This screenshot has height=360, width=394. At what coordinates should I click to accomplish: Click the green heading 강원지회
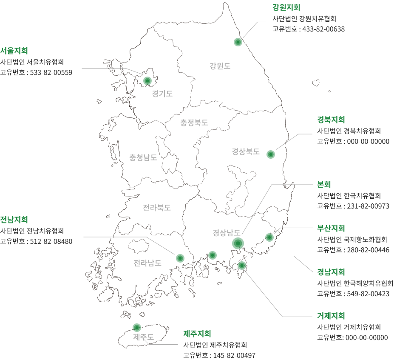286,7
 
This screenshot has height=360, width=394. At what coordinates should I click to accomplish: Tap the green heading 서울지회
14,51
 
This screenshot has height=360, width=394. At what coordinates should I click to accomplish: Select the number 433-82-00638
323,29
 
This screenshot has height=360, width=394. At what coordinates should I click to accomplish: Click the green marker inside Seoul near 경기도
147,81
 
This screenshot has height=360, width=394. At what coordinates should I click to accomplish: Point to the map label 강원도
220,66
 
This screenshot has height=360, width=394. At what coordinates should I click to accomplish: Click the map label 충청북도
194,123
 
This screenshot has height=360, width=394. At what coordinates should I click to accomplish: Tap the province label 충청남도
143,157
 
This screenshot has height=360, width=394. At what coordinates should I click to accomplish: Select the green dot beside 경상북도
271,154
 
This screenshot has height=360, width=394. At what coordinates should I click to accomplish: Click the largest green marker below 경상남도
238,243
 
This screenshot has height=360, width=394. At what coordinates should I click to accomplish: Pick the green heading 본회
324,184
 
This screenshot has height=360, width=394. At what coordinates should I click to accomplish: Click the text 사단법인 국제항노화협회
352,239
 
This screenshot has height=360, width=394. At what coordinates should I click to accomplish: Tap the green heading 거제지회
331,316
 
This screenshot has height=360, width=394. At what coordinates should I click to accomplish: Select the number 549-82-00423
368,294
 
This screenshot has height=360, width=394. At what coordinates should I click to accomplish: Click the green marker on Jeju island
137,328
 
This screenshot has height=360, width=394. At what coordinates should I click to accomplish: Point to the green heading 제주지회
197,334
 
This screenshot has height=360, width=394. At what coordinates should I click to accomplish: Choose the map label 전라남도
147,263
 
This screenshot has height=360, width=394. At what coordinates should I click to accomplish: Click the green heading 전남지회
14,220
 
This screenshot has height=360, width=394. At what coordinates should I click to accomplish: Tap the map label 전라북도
157,208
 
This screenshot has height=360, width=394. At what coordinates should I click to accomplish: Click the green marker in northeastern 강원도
238,42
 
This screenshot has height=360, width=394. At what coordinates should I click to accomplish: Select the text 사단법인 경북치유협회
349,131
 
